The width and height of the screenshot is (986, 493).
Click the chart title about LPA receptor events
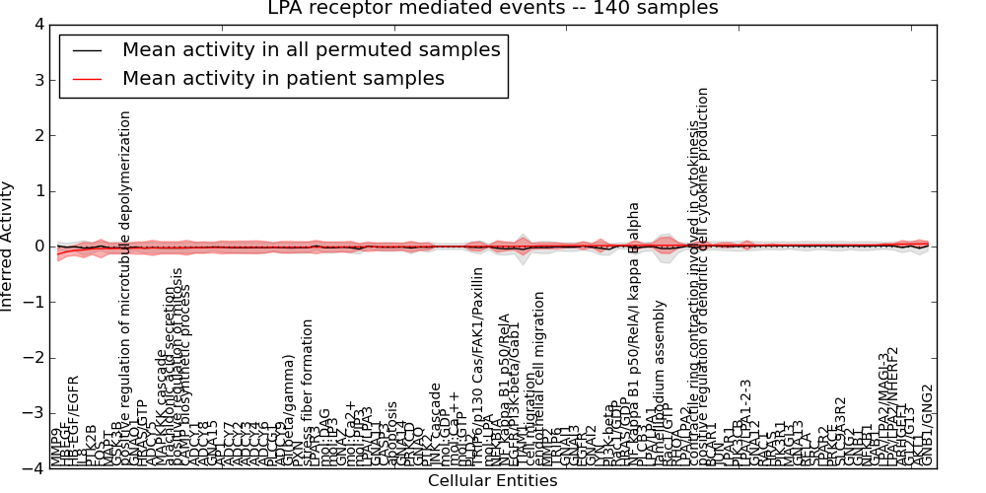493,9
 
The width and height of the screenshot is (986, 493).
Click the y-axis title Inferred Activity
8,246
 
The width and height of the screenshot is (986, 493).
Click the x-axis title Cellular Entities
492,481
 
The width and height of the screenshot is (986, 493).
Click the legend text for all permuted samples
311,50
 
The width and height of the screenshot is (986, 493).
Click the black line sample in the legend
88,50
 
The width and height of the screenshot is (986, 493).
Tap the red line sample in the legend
88,79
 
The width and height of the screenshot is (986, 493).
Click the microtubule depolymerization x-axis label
125,286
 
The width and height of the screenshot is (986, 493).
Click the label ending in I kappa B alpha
634,335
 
